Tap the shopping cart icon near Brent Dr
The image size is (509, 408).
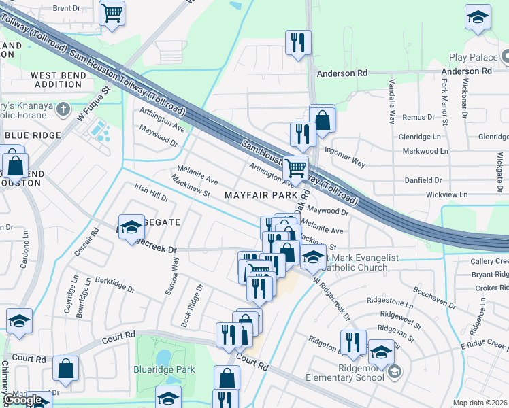(112, 12)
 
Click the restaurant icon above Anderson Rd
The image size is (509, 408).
(298, 43)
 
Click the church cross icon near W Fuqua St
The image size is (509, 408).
(63, 108)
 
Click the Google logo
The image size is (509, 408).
(24, 400)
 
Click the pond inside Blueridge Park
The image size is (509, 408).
(163, 357)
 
